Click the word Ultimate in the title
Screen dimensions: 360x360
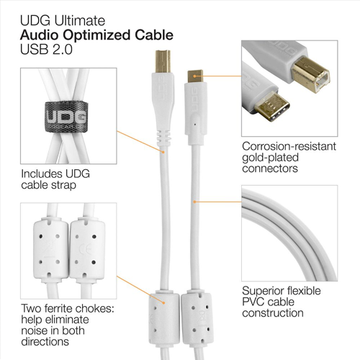(80, 20)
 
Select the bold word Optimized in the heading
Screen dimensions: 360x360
(97, 35)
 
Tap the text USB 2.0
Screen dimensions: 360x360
(46, 50)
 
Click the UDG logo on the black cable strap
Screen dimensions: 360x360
(66, 116)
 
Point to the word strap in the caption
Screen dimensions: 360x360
(63, 185)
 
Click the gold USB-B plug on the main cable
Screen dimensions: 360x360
(163, 61)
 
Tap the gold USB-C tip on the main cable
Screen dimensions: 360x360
(195, 76)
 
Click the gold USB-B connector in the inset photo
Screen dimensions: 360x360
(310, 74)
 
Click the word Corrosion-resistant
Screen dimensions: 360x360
(289, 146)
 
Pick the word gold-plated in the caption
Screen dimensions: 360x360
(270, 158)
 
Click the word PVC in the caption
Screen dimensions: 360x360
(253, 302)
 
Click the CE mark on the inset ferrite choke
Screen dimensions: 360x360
(87, 251)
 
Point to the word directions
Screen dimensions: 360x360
(45, 341)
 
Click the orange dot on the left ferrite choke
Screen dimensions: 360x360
(163, 303)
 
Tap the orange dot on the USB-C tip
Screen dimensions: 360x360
(195, 76)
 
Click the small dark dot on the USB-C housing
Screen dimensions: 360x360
(195, 125)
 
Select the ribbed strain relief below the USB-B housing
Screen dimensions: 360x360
(163, 138)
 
